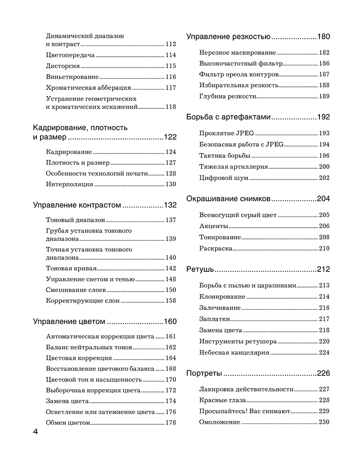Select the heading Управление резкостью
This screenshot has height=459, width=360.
point(228,37)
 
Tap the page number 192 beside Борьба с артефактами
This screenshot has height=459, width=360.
point(324,117)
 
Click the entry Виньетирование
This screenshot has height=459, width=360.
point(72,77)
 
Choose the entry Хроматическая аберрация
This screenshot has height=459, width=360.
point(89,88)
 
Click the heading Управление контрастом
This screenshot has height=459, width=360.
point(77,205)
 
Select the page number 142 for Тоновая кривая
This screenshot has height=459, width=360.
point(171,269)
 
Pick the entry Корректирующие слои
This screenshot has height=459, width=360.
point(83,301)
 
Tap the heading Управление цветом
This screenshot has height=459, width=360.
point(69,322)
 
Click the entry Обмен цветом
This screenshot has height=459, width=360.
point(68,423)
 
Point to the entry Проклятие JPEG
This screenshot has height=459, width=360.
point(226,134)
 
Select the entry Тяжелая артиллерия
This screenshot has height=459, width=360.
point(234,167)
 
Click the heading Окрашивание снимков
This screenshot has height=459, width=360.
point(228,198)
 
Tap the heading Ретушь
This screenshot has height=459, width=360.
point(199,270)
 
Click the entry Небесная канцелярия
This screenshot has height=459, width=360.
point(234,353)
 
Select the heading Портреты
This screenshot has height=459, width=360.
point(204,373)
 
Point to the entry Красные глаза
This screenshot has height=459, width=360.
point(222,400)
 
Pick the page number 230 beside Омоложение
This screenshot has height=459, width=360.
point(324,422)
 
